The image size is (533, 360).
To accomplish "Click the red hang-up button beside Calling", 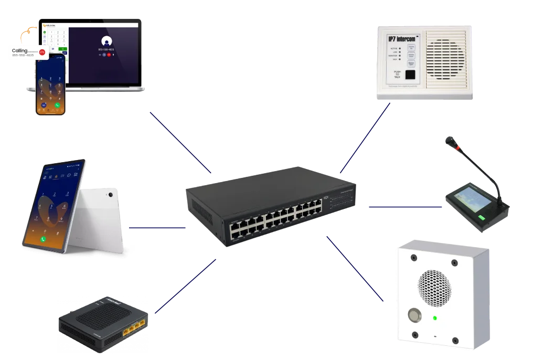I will pos(42,52).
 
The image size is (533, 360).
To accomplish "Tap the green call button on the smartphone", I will pos(57,105).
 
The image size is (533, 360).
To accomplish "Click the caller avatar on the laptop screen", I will pos(106,41).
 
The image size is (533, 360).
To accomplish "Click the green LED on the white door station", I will pos(435,317).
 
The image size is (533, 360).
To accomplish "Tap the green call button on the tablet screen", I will pos(44,238).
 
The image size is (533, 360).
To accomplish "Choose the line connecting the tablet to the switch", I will pos(157,228).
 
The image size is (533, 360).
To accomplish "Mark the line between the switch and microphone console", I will pos(404,207).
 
